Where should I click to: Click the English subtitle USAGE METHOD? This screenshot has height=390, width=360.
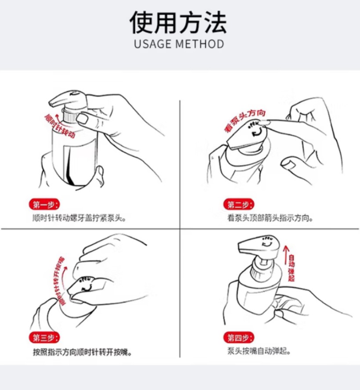[179, 44]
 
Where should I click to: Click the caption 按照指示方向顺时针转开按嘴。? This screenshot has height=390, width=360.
[82, 352]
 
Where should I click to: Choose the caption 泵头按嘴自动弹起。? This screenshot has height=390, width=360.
[259, 352]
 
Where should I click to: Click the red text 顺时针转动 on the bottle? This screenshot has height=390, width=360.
[60, 126]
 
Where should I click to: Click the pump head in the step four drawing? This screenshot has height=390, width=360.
[259, 246]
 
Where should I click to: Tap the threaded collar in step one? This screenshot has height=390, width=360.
[69, 116]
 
